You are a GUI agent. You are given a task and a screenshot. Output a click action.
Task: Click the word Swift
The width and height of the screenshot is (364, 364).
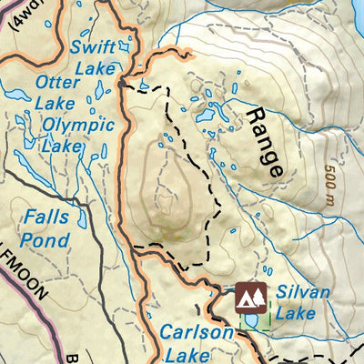pyautogui.click(x=95, y=46)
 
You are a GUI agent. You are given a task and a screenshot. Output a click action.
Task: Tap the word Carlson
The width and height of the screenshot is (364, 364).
pyautogui.click(x=197, y=333)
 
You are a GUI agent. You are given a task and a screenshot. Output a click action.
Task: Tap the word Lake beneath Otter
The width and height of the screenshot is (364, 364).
pyautogui.click(x=56, y=103)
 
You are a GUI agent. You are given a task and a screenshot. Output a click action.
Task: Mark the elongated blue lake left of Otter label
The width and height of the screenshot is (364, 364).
pyautogui.click(x=15, y=94)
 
